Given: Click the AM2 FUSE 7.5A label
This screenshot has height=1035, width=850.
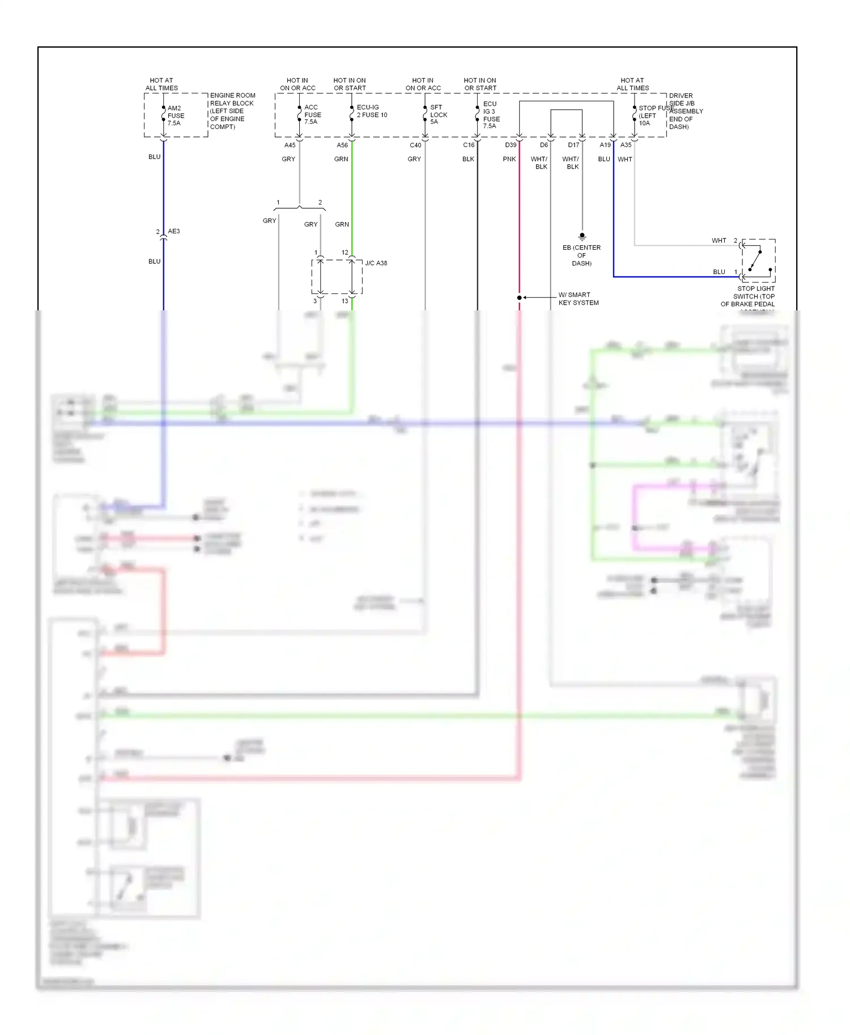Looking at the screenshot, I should (x=175, y=116).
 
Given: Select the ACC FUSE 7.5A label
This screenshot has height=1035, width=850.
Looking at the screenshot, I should (x=312, y=114).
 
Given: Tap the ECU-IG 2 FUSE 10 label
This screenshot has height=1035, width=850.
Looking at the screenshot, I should (x=372, y=111).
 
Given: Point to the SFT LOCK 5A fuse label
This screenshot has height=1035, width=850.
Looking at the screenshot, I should (x=438, y=114).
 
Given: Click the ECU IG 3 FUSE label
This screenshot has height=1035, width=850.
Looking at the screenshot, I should (x=491, y=115).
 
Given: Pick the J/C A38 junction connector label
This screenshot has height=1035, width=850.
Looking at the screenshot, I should (x=376, y=263).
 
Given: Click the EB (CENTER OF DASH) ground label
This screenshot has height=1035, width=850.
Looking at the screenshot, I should (x=581, y=255).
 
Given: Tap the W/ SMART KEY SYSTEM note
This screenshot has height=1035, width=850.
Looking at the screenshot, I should (x=578, y=299).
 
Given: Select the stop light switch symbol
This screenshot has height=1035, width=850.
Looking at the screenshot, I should (x=758, y=261).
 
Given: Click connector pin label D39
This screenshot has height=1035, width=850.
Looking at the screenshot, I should (x=511, y=146).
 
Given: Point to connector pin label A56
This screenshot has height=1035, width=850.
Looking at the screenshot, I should (x=342, y=146).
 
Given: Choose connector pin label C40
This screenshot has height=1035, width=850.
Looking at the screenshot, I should (x=415, y=146).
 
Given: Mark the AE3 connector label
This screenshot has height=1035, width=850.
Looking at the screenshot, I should (x=173, y=232).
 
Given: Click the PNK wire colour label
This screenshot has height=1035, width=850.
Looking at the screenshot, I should (x=509, y=159).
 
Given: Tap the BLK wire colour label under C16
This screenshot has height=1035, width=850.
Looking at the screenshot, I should (x=468, y=159).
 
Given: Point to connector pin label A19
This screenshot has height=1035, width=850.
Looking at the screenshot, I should (x=605, y=146).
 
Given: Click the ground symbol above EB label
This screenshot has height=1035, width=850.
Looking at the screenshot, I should (x=582, y=236).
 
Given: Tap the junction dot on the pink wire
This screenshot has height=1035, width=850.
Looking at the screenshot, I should (x=519, y=298).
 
